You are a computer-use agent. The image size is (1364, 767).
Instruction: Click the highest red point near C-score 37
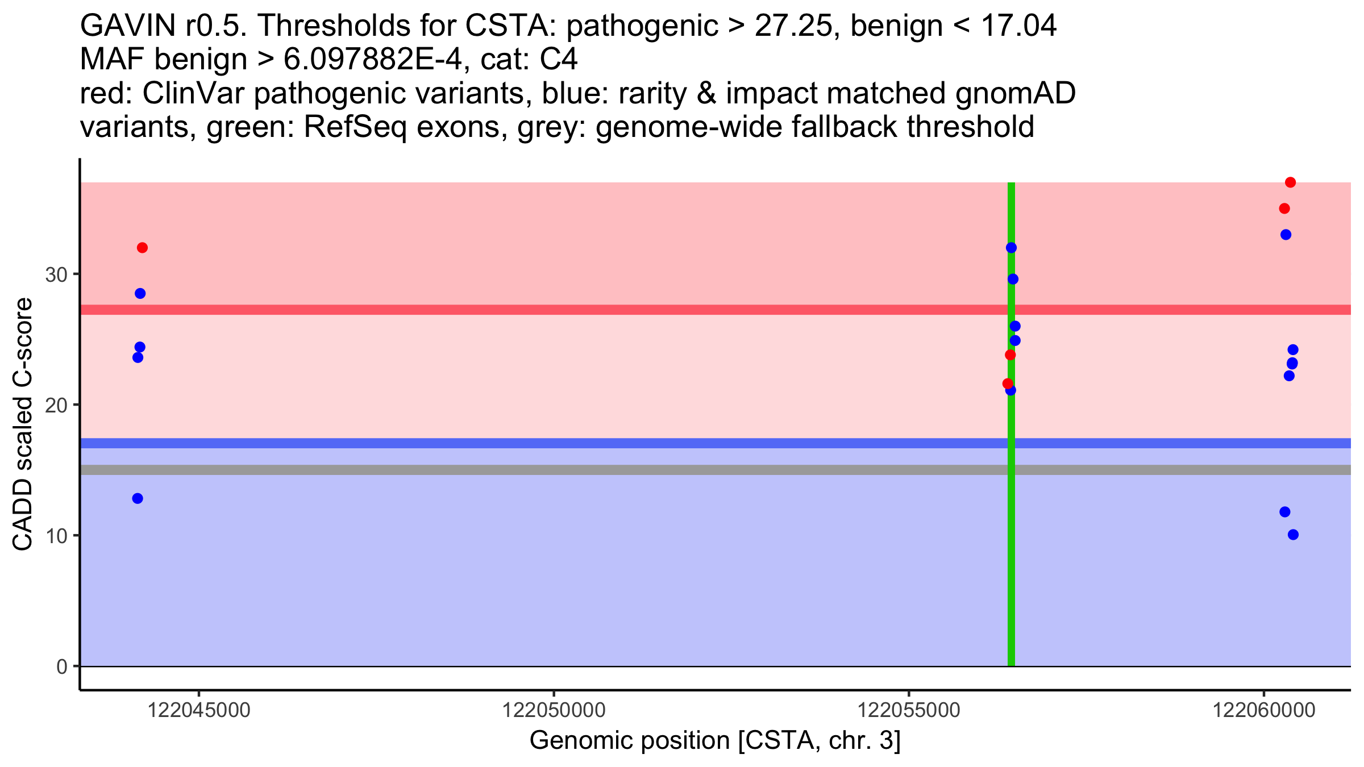[x=1290, y=182]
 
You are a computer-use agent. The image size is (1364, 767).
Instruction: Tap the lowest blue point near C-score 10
[x=1293, y=535]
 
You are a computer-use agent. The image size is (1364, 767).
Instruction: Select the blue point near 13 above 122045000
[x=138, y=498]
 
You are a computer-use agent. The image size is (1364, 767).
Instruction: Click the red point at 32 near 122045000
[x=142, y=248]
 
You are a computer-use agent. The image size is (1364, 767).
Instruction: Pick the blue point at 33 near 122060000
[x=1286, y=235]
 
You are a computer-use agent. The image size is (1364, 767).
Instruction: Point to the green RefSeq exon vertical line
[x=1011, y=568]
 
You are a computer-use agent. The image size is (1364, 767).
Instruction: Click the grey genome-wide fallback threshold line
[x=568, y=470]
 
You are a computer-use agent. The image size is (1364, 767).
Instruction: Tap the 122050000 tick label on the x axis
[x=554, y=711]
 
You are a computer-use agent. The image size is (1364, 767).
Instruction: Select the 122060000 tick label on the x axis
[x=1264, y=711]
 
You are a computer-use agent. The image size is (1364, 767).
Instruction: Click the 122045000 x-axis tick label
[x=199, y=711]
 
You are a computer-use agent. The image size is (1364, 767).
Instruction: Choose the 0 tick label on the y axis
[x=62, y=666]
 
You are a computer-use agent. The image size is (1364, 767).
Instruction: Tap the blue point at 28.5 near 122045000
[x=140, y=293]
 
